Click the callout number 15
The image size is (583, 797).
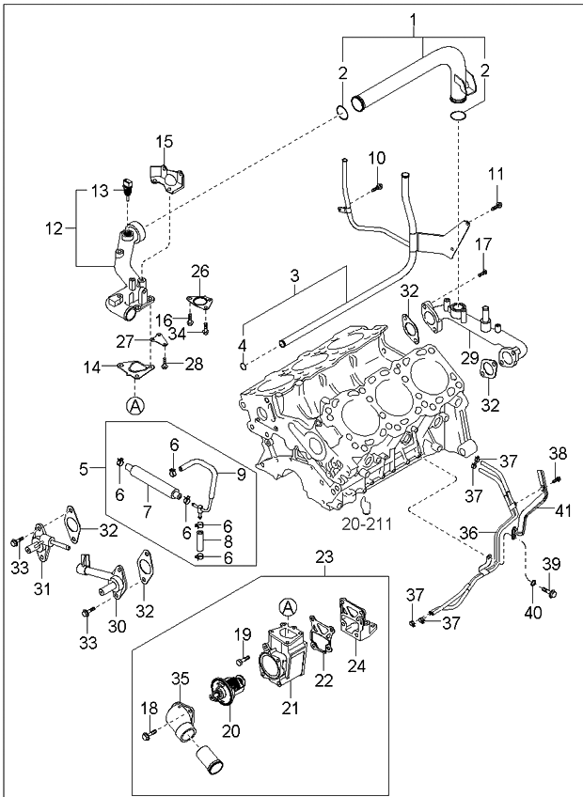[165, 142]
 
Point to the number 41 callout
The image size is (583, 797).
[562, 511]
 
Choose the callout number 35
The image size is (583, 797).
[179, 678]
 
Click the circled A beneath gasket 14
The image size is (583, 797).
[135, 405]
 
